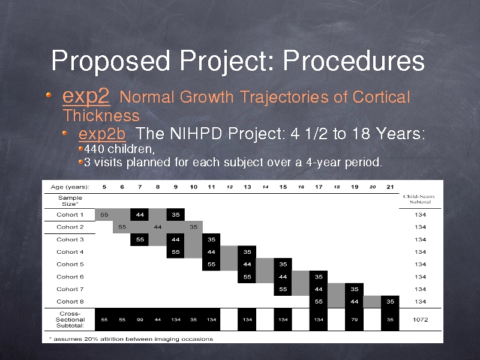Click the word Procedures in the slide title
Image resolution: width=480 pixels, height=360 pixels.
[353, 60]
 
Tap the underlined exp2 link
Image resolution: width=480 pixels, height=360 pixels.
[86, 96]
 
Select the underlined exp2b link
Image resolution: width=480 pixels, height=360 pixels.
[102, 134]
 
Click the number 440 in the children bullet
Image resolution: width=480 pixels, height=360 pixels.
[94, 149]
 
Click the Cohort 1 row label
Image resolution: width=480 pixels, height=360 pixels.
[70, 215]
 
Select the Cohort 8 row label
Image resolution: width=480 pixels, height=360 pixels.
[70, 302]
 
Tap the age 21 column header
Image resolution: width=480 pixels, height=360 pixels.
[390, 187]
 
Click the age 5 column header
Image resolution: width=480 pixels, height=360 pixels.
[104, 187]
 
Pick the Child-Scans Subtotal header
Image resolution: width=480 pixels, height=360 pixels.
[419, 199]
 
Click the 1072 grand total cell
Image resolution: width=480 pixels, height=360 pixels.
[420, 320]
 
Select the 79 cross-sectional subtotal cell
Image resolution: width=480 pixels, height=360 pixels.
[355, 320]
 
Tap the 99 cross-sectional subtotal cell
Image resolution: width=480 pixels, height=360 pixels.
[140, 320]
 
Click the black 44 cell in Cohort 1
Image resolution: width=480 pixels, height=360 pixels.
[140, 215]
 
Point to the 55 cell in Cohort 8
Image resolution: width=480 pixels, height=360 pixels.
[319, 302]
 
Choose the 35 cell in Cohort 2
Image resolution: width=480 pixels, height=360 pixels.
[193, 227]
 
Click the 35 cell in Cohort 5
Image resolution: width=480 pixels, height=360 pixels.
[283, 264]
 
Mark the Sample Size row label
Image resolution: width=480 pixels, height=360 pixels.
[70, 201]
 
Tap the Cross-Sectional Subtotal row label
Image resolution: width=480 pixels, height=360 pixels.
[70, 320]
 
